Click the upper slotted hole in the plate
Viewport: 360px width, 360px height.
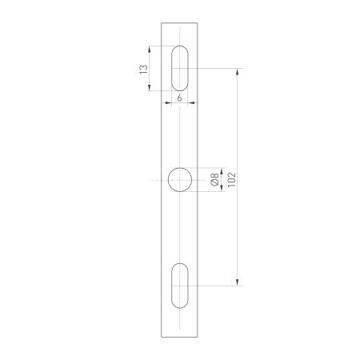point(181,68)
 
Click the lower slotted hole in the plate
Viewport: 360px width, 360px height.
point(181,284)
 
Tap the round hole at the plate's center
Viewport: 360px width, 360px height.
point(181,180)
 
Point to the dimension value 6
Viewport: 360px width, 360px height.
point(179,97)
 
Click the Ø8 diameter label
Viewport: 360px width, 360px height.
point(214,180)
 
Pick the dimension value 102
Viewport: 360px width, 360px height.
point(231,180)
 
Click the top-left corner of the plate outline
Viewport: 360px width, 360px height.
point(162,23)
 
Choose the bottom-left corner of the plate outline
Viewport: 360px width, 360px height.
point(162,337)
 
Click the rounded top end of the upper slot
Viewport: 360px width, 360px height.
point(181,48)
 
